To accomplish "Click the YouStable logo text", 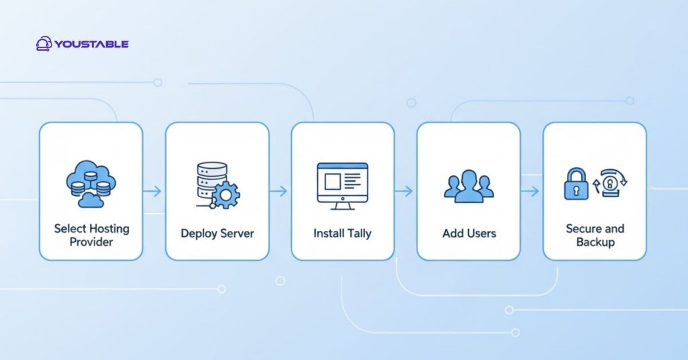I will point(92,44).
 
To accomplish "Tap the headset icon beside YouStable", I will point(44,44).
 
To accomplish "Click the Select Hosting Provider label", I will point(91,235).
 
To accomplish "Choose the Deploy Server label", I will point(217,234).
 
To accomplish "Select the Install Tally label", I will point(342,234).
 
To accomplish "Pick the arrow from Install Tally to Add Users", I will point(405,191).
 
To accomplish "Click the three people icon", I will point(468,186).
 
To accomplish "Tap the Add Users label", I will point(468,234).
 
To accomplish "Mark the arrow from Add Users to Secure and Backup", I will point(531,191).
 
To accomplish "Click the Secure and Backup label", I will point(595,235).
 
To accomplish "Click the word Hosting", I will point(108,229).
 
